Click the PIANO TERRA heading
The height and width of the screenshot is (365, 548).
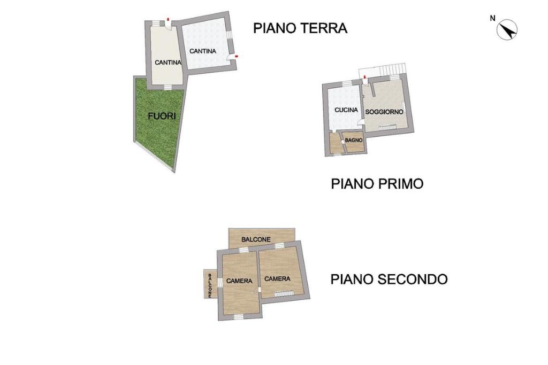tap(300, 28)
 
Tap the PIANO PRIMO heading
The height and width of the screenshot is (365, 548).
tap(377, 183)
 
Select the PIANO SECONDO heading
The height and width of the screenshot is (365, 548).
tap(389, 279)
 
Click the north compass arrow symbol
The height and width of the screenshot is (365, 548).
tap(507, 30)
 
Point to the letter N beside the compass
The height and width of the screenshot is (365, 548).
tap(493, 18)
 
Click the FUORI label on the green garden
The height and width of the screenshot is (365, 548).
tap(162, 116)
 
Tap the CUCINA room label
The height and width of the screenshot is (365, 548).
tap(346, 110)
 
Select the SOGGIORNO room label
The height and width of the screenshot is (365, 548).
tap(384, 112)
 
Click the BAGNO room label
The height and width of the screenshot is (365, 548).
tap(354, 140)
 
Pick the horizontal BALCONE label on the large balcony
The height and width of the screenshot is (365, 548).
tap(256, 239)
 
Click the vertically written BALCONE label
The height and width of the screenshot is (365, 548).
tap(210, 285)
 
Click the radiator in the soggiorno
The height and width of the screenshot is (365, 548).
tap(387, 127)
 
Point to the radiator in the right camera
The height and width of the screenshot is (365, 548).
tap(284, 294)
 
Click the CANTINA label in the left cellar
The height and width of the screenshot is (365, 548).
tap(168, 63)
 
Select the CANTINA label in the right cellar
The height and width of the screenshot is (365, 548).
tap(203, 51)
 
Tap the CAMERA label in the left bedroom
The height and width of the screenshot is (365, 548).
tap(239, 281)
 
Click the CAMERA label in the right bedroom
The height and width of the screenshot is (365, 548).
tap(277, 279)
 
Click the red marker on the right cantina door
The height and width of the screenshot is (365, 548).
tap(236, 56)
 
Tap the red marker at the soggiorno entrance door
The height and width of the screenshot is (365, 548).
tap(365, 76)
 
